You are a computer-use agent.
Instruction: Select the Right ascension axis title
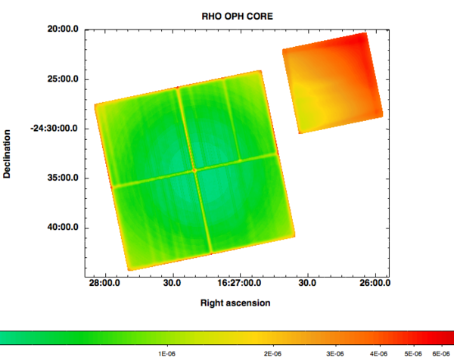[x=235, y=303]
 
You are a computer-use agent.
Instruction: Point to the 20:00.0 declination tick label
[x=63, y=29]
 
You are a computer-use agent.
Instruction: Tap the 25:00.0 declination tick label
[x=63, y=79]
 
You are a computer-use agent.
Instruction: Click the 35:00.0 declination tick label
[x=63, y=178]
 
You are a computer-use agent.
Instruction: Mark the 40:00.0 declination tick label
[x=63, y=228]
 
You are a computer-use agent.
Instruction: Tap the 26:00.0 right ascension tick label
[x=375, y=283]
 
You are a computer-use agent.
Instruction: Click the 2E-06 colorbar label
[x=272, y=353]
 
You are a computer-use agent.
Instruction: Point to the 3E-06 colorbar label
[x=334, y=353]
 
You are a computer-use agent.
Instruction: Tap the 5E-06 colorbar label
[x=412, y=353]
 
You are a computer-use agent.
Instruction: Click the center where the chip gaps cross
[x=194, y=170]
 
